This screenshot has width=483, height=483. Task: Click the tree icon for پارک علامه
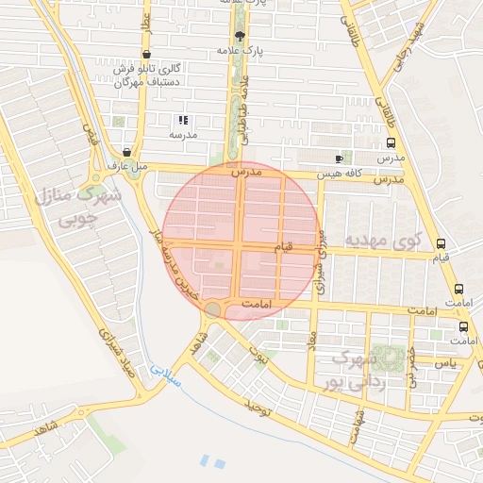240,36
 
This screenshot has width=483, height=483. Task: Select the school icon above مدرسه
183,121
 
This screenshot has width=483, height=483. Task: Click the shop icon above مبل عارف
127,151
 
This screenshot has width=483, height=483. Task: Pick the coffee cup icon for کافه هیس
340,158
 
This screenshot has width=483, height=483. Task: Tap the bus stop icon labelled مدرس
391,144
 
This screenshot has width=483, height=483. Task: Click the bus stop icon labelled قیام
441,243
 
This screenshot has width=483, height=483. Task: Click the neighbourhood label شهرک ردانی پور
349,370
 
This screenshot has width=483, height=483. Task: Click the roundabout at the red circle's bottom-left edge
214,309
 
